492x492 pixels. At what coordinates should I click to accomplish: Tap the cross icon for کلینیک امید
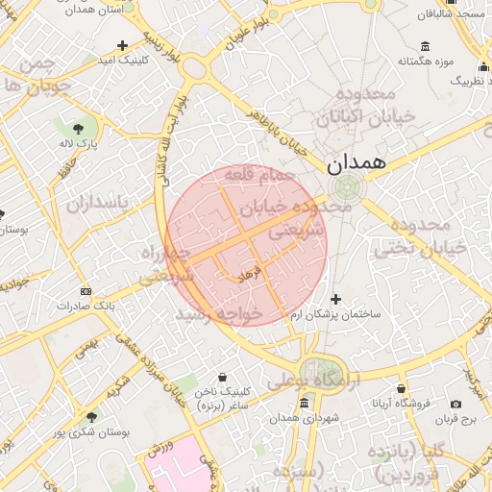pyautogui.click(x=122, y=45)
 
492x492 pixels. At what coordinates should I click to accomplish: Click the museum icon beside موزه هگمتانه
pyautogui.click(x=425, y=46)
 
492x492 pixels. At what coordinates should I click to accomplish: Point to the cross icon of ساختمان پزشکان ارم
pyautogui.click(x=335, y=299)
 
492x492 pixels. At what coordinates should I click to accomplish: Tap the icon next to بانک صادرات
pyautogui.click(x=86, y=291)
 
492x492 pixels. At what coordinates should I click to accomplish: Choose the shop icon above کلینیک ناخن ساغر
pyautogui.click(x=223, y=376)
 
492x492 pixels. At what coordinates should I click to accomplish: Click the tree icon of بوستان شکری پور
pyautogui.click(x=91, y=417)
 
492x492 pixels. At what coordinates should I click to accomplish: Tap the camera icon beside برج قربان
pyautogui.click(x=455, y=404)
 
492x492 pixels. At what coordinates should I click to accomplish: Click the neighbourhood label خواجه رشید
pyautogui.click(x=219, y=314)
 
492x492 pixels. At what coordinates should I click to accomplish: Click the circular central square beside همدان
pyautogui.click(x=345, y=187)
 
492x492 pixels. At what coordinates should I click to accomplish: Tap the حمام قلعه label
pyautogui.click(x=261, y=176)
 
